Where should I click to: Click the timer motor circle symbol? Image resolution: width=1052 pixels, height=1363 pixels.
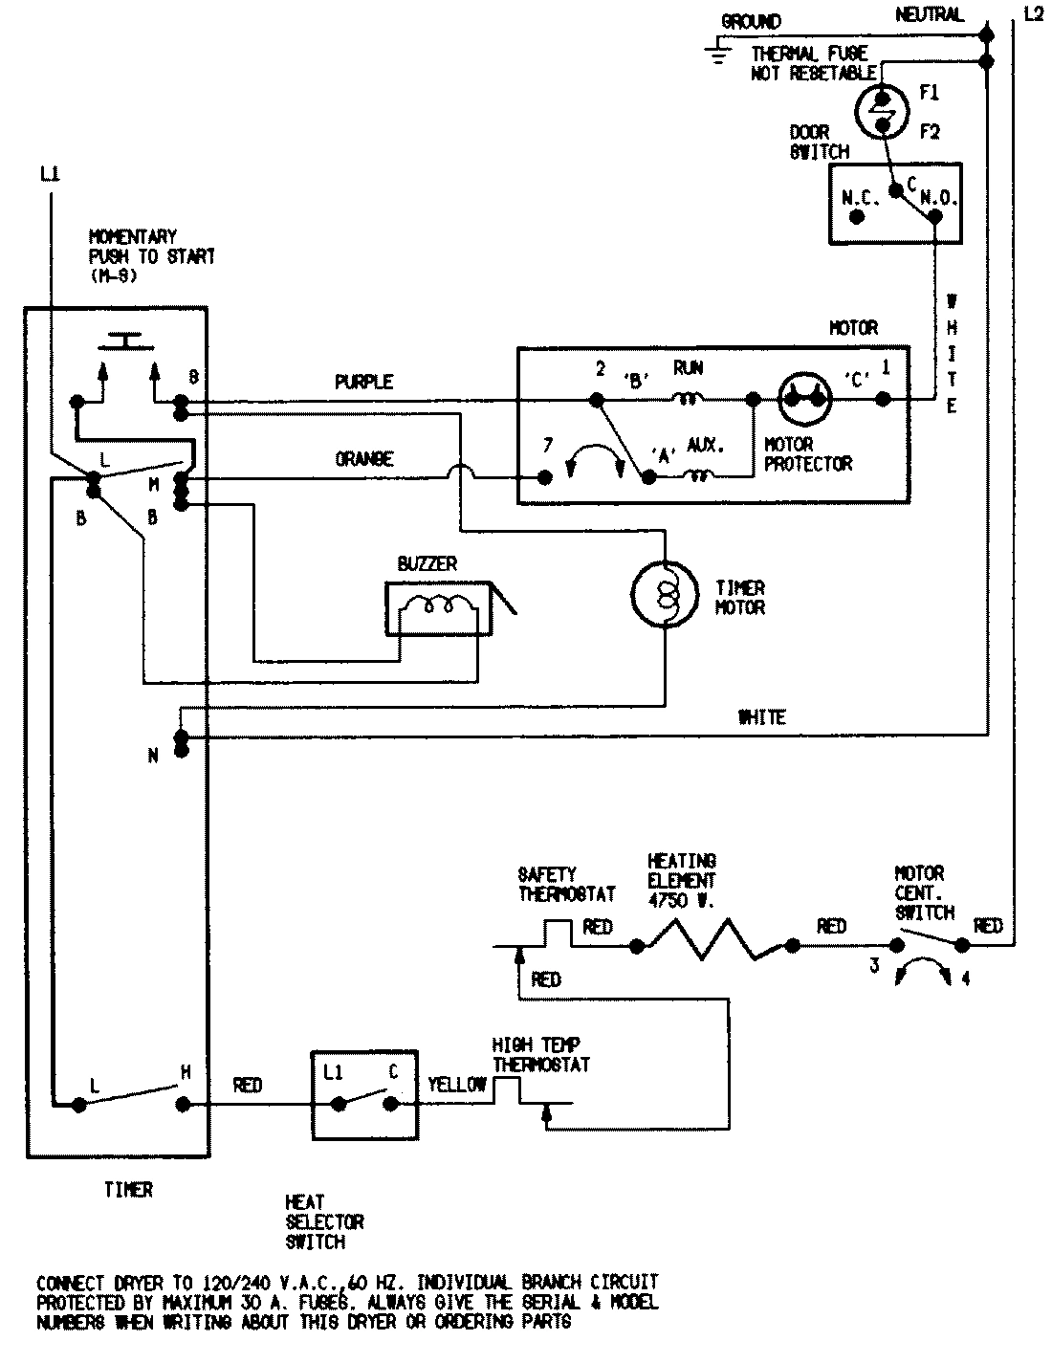[x=665, y=597]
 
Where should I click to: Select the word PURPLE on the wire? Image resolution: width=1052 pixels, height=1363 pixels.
[x=363, y=382]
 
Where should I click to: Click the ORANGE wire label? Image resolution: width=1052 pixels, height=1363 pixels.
[x=363, y=459]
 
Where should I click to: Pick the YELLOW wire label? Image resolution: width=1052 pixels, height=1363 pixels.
[x=457, y=1085]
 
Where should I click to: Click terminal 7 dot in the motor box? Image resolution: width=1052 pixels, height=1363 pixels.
[x=545, y=477]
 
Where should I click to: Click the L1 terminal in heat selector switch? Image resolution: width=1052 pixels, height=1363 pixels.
[x=338, y=1103]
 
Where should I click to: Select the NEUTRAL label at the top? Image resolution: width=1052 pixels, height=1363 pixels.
[x=930, y=14]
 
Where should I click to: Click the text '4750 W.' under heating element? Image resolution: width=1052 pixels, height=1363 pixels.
[x=681, y=900]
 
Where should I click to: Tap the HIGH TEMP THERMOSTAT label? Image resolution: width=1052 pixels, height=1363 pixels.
[x=540, y=1054]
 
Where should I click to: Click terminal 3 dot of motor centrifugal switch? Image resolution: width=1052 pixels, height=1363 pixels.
[x=895, y=946]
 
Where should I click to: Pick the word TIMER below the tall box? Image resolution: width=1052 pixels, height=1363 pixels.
[x=128, y=1190]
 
